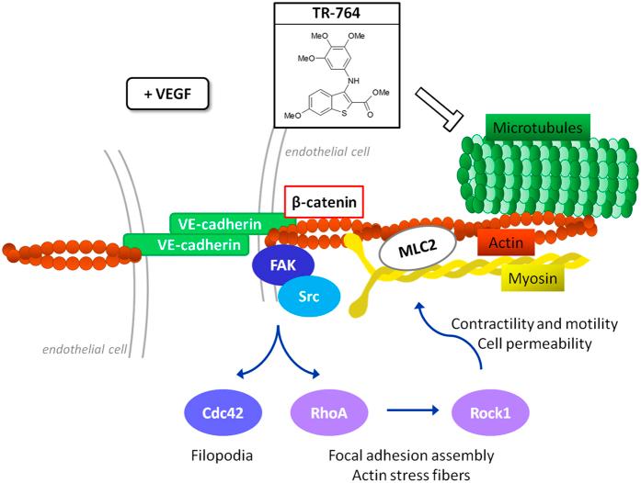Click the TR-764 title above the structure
point(336,13)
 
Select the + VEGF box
point(167,95)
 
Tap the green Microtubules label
point(538,128)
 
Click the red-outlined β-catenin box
point(324,202)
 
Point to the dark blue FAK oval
point(283,265)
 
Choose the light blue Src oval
point(309,296)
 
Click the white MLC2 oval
point(418,247)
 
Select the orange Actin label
point(506,243)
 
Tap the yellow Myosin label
point(532,278)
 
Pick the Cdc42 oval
point(223,413)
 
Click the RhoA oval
point(328,413)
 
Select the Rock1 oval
point(490,413)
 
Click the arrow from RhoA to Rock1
point(413,410)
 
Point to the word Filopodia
point(222,455)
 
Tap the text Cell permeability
point(534,343)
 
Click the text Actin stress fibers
point(411,475)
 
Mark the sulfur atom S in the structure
point(344,113)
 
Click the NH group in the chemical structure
point(353,81)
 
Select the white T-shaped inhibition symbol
point(439,110)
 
